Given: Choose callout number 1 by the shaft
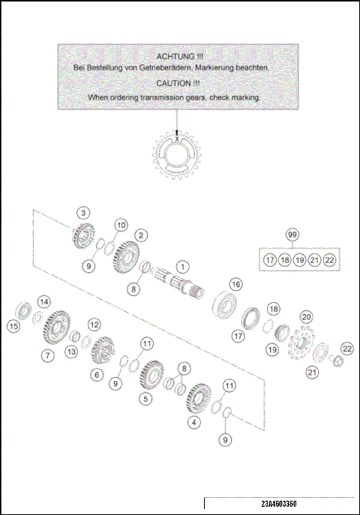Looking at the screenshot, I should (x=183, y=266).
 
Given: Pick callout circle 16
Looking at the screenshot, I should (x=235, y=284).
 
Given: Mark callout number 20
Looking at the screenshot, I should (x=305, y=317).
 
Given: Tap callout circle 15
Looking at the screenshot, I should (x=13, y=326).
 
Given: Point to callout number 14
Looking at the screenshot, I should (x=44, y=301).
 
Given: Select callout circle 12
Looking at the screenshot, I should (x=94, y=325).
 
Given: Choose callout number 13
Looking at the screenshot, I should (x=72, y=352).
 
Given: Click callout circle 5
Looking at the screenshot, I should (x=145, y=400).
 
